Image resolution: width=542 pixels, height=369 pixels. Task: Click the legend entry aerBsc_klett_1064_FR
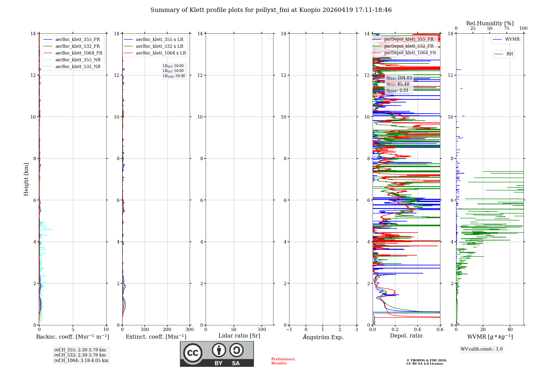pyautogui.click(x=79, y=53)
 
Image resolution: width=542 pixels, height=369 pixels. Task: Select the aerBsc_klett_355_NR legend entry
pyautogui.click(x=78, y=60)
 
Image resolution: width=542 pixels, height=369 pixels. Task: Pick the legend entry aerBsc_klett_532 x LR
pyautogui.click(x=159, y=46)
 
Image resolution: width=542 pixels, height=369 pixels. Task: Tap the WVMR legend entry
pyautogui.click(x=512, y=39)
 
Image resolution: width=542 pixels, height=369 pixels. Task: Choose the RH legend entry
pyautogui.click(x=509, y=54)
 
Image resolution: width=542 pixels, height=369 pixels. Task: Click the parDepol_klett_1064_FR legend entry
pyautogui.click(x=410, y=53)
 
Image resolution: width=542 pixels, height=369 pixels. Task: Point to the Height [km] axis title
pyautogui.click(x=26, y=179)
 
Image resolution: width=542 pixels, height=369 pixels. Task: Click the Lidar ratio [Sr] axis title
pyautogui.click(x=239, y=336)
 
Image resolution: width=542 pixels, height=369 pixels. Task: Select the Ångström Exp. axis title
pyautogui.click(x=323, y=337)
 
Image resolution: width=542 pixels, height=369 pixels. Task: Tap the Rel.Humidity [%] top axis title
pyautogui.click(x=490, y=23)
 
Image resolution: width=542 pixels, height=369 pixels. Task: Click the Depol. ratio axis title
pyautogui.click(x=406, y=336)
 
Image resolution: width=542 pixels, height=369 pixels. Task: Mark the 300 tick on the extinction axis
pyautogui.click(x=189, y=329)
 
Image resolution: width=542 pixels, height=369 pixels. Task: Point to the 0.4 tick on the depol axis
pyautogui.click(x=418, y=329)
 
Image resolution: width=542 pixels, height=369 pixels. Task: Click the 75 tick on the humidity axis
pyautogui.click(x=506, y=28)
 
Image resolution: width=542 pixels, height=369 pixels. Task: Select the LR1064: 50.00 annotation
pyautogui.click(x=174, y=76)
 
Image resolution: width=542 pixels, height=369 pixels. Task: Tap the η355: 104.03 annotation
pyautogui.click(x=399, y=78)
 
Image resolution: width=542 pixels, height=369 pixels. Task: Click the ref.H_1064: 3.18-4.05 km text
pyautogui.click(x=81, y=360)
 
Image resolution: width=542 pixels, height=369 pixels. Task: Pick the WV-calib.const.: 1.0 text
pyautogui.click(x=482, y=349)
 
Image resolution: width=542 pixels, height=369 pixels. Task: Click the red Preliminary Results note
pyautogui.click(x=283, y=361)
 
